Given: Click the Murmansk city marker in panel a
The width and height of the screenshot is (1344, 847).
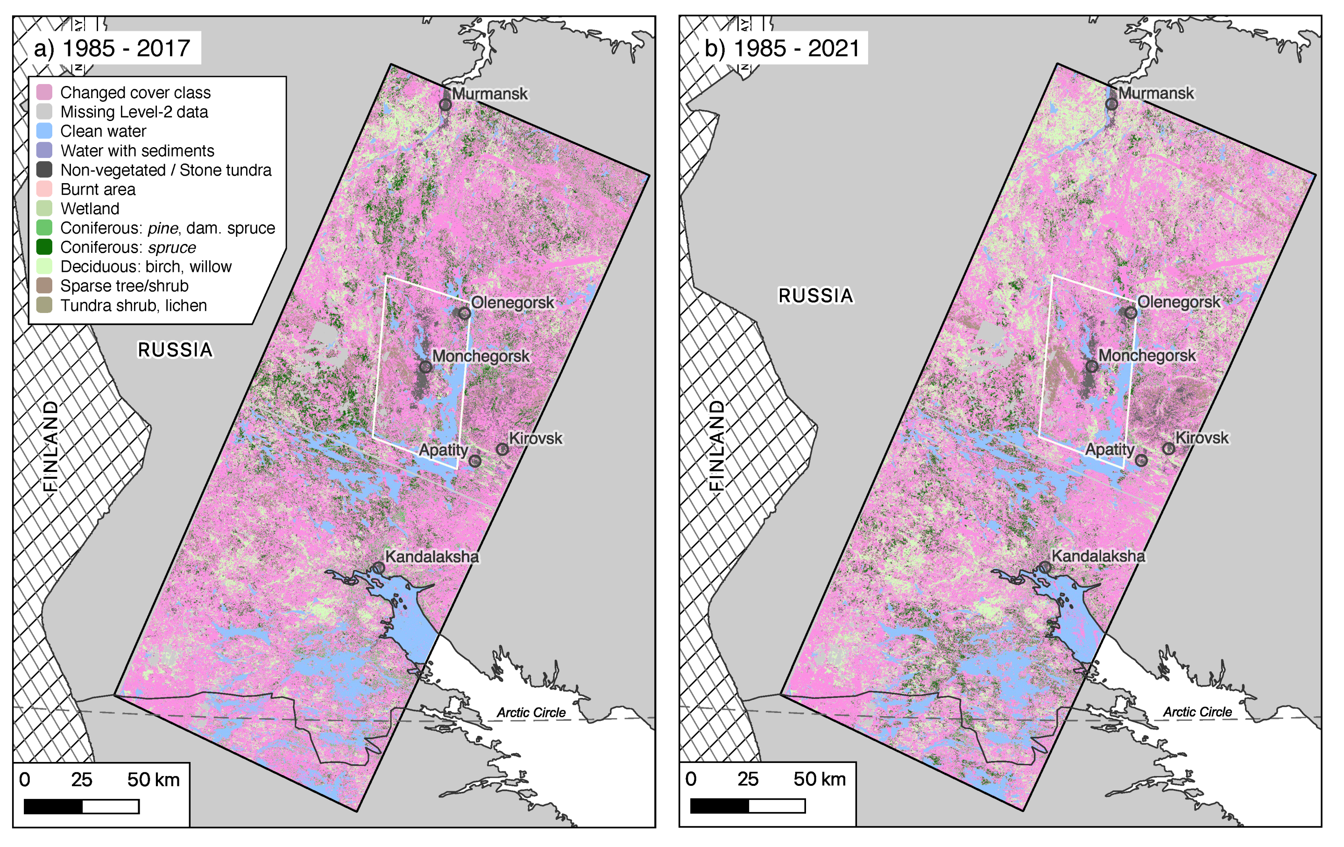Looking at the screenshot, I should click(x=445, y=104).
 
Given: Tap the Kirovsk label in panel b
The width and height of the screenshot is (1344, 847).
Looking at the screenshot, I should click(x=1202, y=438).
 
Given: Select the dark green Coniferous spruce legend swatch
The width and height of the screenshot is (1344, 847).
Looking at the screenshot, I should click(x=44, y=247).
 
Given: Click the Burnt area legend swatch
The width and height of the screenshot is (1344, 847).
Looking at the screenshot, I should click(x=44, y=189).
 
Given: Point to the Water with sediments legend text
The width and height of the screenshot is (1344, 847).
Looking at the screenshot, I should click(x=137, y=151).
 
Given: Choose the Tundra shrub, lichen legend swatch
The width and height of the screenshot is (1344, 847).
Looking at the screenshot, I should click(x=44, y=305).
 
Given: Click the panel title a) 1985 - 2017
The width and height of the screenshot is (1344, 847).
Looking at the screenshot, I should click(x=112, y=49).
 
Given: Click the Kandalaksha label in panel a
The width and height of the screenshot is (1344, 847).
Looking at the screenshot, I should click(x=431, y=557).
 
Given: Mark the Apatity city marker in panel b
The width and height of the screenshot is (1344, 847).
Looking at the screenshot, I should click(x=1141, y=461).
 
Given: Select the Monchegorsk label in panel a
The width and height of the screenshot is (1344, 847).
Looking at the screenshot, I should click(x=481, y=356).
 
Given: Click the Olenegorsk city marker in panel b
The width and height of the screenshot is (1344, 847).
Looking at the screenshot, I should click(x=1131, y=313).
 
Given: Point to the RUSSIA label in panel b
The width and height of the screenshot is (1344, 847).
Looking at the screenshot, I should click(x=815, y=296).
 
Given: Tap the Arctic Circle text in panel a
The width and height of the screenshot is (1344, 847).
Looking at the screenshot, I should click(x=531, y=712).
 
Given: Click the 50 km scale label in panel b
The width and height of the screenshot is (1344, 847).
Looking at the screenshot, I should click(x=820, y=779).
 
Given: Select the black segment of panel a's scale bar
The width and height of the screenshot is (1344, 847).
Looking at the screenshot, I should click(x=53, y=806).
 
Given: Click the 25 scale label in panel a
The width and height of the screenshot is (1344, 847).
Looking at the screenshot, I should click(x=81, y=779).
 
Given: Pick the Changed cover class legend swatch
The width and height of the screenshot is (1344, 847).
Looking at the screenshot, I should click(x=44, y=92).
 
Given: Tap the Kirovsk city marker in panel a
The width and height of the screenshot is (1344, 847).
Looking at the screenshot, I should click(x=502, y=449).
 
